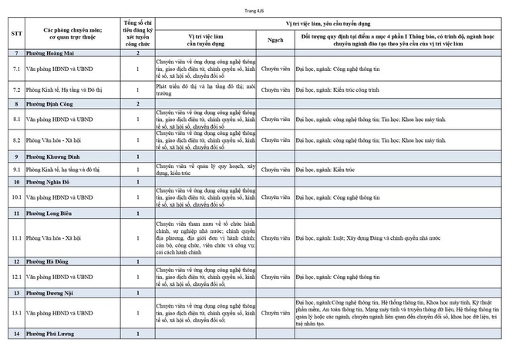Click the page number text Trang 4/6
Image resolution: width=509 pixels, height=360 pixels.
[x=255, y=8]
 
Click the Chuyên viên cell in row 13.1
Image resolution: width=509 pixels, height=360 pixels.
[x=275, y=313]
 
